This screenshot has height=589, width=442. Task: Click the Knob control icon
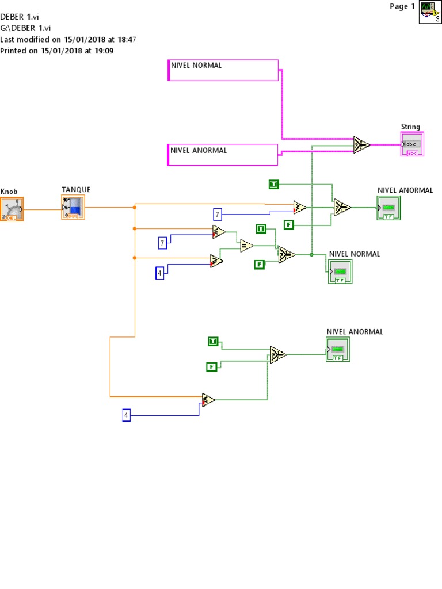click(x=12, y=209)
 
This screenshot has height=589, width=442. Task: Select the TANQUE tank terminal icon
click(x=73, y=207)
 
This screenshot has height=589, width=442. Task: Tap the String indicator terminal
click(x=411, y=144)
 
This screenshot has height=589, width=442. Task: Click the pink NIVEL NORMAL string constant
click(x=223, y=70)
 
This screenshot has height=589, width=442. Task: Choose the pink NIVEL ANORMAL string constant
click(x=222, y=155)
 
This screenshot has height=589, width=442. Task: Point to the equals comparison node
click(x=246, y=246)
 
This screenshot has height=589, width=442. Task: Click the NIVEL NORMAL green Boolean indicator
click(x=340, y=271)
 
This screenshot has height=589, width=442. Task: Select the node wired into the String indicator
click(x=361, y=144)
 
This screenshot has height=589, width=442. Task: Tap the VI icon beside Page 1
click(x=430, y=12)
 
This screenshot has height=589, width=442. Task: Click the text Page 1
click(x=402, y=7)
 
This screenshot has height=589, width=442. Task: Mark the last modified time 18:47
click(x=126, y=40)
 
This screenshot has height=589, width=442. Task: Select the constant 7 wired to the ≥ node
click(x=218, y=215)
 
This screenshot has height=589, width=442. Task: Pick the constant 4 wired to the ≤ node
click(x=126, y=415)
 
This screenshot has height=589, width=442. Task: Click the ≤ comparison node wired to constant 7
click(x=218, y=232)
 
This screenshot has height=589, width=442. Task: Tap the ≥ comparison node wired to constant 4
click(x=216, y=261)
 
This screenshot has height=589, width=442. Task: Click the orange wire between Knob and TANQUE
click(x=43, y=209)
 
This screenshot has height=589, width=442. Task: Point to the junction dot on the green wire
click(x=311, y=254)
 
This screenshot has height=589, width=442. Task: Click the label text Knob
click(x=9, y=192)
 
